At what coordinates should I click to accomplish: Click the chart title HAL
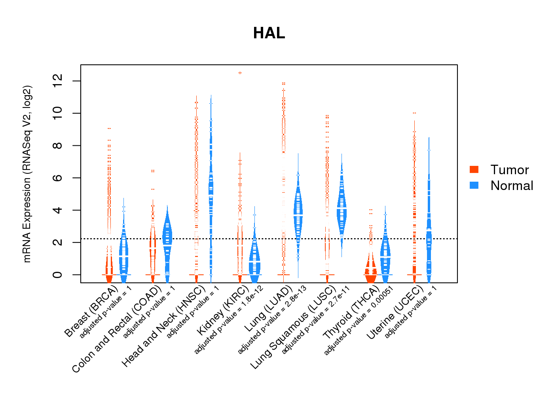(x=269, y=33)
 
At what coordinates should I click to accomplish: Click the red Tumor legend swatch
(x=474, y=169)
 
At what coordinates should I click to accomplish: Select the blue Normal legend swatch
(x=474, y=185)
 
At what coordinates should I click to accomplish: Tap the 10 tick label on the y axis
(x=57, y=113)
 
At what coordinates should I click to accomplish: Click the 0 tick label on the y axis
(x=57, y=275)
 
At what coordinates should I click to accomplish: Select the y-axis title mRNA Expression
(x=27, y=174)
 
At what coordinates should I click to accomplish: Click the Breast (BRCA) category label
(x=91, y=312)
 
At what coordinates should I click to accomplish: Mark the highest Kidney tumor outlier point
(x=240, y=73)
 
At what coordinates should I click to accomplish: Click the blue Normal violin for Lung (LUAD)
(x=298, y=213)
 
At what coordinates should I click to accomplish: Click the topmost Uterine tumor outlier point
(x=414, y=113)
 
